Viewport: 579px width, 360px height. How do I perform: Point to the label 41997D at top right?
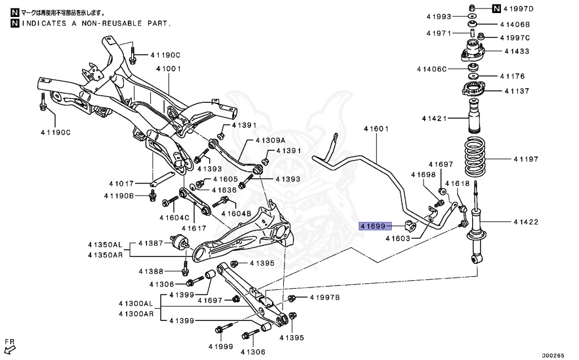pyautogui.click(x=520, y=8)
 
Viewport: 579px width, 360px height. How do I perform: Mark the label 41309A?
pyautogui.click(x=270, y=140)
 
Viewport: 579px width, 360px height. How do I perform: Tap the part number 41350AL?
pyautogui.click(x=105, y=245)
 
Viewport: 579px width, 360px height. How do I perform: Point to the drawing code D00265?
pyautogui.click(x=552, y=355)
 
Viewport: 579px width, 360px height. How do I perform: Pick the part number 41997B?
pyautogui.click(x=325, y=298)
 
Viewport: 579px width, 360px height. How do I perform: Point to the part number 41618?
pyautogui.click(x=457, y=184)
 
